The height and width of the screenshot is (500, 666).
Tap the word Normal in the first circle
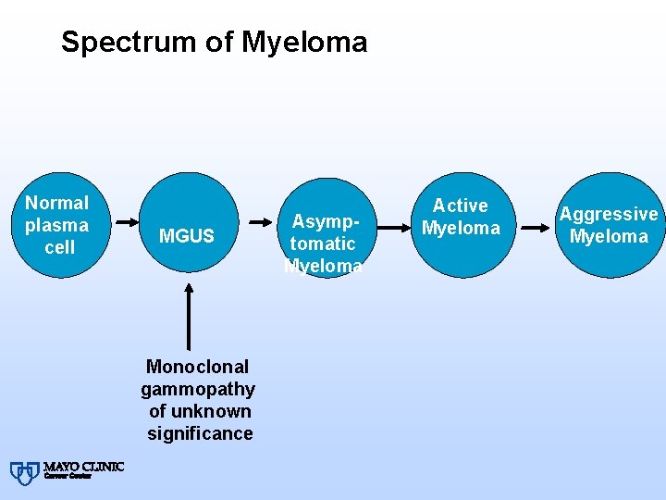pos(57,203)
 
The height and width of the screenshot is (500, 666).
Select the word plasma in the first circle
pos(57,225)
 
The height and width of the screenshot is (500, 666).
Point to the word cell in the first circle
pos(59,247)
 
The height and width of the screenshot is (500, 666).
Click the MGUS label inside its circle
pos(186,236)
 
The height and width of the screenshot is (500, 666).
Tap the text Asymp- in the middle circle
pos(321,221)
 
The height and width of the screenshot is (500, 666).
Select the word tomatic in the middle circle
pos(322,244)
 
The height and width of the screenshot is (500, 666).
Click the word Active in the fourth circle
pos(460,206)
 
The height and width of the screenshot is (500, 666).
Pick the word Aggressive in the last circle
pos(609,214)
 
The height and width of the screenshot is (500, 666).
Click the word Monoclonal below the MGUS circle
pos(197,367)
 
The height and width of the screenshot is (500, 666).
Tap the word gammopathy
pos(198,389)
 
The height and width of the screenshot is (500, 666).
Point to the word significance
pos(199,433)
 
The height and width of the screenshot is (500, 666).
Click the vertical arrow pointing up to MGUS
pos(189,315)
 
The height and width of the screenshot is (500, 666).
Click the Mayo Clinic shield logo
pos(24,472)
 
